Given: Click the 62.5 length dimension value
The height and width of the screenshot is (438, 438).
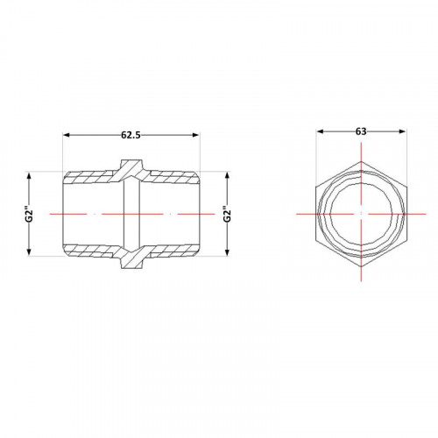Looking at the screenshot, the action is (131, 135).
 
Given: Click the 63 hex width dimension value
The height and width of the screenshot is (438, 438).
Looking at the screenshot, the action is (361, 131).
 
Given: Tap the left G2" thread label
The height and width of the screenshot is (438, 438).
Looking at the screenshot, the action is (29, 215).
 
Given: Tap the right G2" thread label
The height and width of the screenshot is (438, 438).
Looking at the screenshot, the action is (228, 215).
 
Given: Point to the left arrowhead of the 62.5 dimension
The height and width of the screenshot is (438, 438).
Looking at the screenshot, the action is (67, 135).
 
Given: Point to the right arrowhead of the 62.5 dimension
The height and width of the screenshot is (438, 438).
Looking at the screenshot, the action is (196, 135).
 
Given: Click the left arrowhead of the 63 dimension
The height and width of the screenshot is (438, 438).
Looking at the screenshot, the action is (321, 131).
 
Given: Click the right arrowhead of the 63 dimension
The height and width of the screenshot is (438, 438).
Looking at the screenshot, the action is (402, 131).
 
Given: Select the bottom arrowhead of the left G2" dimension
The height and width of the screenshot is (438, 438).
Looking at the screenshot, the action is (29, 252).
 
